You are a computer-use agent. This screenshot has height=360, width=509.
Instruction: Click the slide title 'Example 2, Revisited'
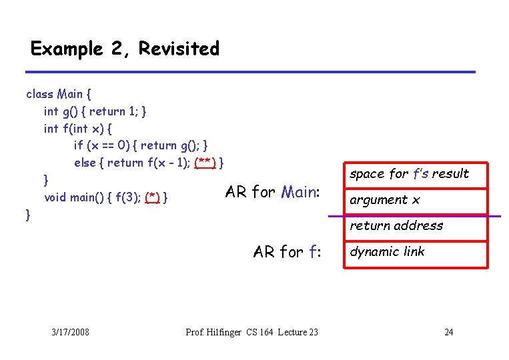coord(125,49)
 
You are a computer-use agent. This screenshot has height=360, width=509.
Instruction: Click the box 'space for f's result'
coord(410,174)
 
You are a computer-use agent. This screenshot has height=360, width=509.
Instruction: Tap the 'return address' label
coord(396,226)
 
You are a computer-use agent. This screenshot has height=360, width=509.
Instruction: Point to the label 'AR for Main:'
coord(274,192)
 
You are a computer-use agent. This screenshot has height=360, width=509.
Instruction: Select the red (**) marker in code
coord(205,163)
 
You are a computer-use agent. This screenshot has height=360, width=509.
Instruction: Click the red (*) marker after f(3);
coord(153,197)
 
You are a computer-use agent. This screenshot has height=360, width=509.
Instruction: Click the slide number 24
coord(449,332)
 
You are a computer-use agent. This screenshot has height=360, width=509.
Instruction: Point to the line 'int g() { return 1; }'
coord(95,111)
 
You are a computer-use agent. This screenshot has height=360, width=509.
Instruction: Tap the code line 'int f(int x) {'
coord(78,128)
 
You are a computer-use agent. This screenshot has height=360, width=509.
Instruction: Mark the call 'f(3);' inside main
coord(127,197)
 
